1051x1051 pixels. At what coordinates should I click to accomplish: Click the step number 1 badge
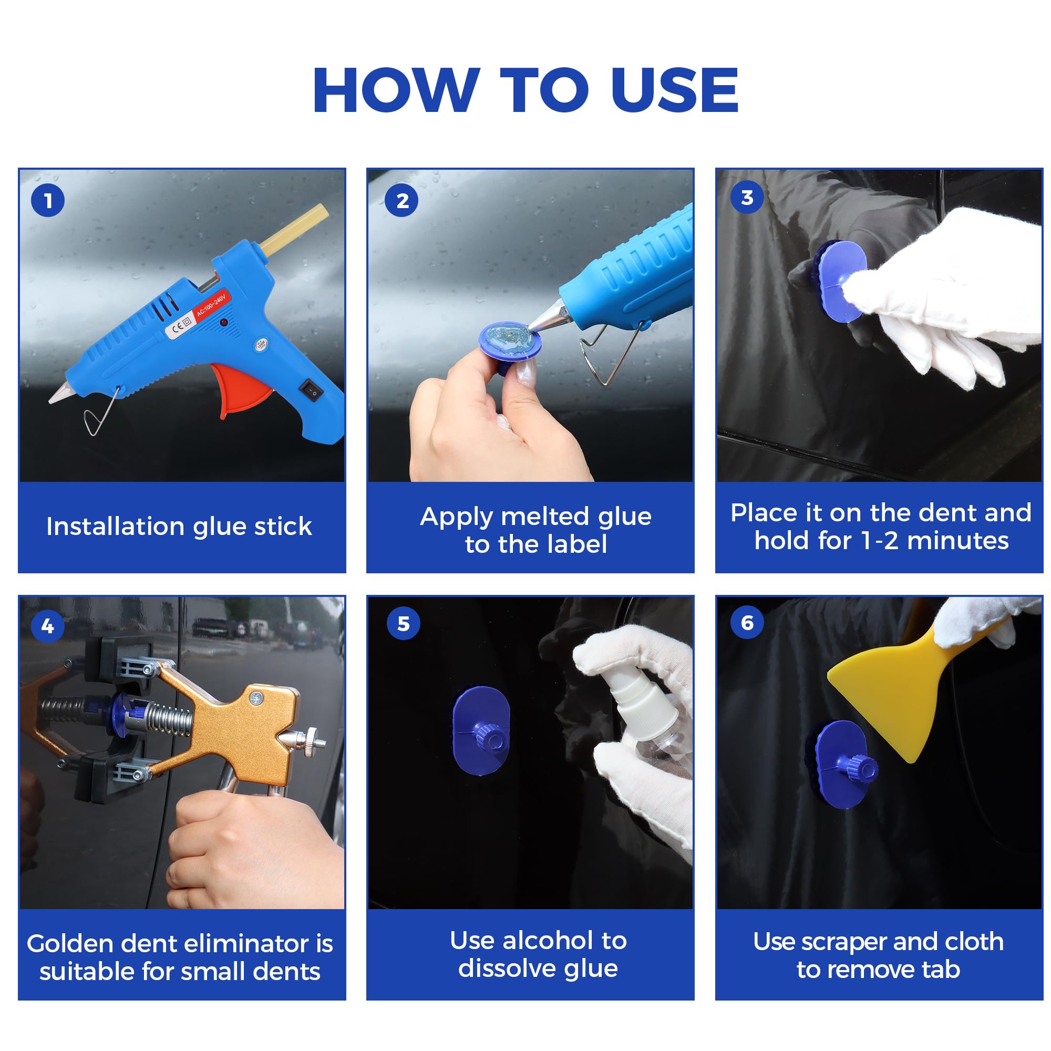[x=48, y=200]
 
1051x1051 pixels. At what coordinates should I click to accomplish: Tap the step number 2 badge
[x=401, y=200]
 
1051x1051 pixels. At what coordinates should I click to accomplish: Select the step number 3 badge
[x=747, y=197]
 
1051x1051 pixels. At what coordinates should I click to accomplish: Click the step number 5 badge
[x=403, y=623]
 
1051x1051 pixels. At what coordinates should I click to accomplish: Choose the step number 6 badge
[x=747, y=622]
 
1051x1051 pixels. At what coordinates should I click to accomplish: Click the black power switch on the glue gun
[x=311, y=390]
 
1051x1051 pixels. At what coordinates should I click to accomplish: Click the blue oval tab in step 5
[x=481, y=729]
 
